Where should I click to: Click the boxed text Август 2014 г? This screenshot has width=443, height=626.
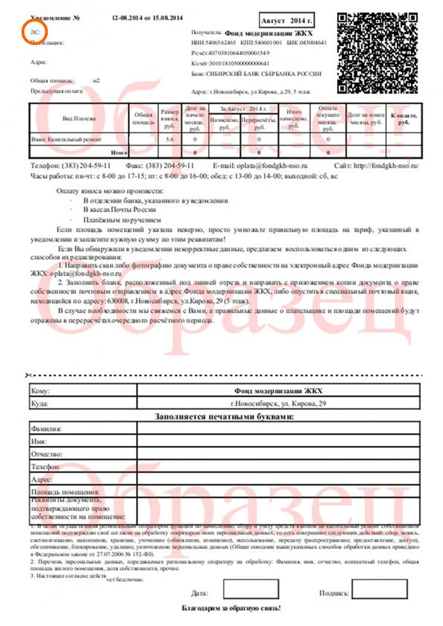click(286, 20)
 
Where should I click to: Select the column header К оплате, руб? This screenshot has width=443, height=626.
click(404, 119)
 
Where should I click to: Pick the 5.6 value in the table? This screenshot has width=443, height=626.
click(169, 140)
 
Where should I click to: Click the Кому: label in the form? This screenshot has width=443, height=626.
click(42, 390)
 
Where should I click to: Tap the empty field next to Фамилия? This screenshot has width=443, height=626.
click(278, 428)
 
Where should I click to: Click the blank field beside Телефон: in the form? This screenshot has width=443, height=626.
click(278, 466)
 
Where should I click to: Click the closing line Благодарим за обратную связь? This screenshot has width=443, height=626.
click(232, 608)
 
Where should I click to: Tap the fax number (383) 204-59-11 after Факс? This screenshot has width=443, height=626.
click(169, 165)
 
